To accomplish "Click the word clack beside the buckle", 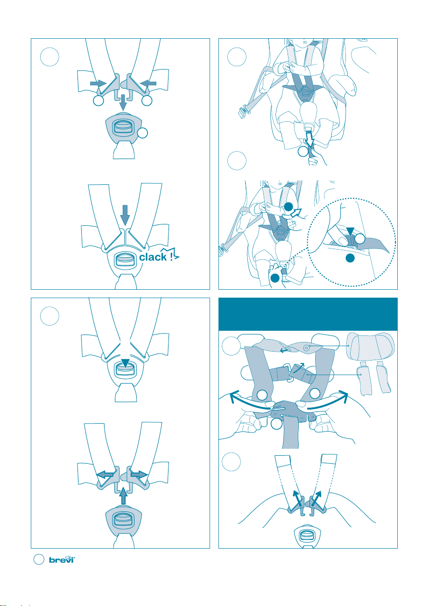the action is click(x=153, y=257).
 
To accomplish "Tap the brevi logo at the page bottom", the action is click(x=62, y=559).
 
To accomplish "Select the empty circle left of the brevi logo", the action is click(x=39, y=559).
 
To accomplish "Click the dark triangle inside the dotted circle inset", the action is click(x=350, y=231).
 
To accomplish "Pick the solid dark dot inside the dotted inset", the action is click(x=350, y=258).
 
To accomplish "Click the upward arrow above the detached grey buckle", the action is click(x=123, y=495).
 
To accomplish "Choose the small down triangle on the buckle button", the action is click(x=125, y=363).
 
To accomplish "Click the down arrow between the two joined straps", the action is click(x=125, y=215).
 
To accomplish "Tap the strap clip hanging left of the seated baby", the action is click(x=243, y=111).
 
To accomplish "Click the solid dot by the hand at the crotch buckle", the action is click(x=275, y=278).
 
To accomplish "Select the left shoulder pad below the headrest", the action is click(x=364, y=378).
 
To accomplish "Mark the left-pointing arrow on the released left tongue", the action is click(x=105, y=474).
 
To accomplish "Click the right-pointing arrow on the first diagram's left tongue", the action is click(x=98, y=83).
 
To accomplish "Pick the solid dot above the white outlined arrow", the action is click(x=288, y=207).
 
